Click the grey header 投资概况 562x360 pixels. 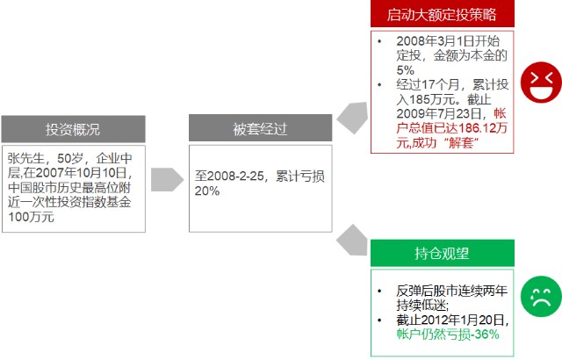(x=74, y=129)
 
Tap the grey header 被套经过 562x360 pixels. (x=261, y=128)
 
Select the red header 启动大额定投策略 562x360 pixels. (x=443, y=14)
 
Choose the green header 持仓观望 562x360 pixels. (x=443, y=253)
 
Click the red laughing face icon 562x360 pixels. (x=541, y=83)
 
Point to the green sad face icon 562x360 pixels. (x=541, y=296)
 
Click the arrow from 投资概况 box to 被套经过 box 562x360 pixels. (x=167, y=179)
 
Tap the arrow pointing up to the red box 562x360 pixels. (x=353, y=118)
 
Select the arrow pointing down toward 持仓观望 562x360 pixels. (x=352, y=241)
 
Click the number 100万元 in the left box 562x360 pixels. (x=32, y=217)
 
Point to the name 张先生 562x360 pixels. (x=25, y=158)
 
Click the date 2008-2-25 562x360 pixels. (x=235, y=176)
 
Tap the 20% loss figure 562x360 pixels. (x=207, y=191)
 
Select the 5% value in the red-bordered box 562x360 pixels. (x=406, y=70)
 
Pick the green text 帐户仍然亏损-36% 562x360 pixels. (x=448, y=335)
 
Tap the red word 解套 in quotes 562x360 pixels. (x=461, y=143)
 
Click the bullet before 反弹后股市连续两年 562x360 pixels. (x=379, y=291)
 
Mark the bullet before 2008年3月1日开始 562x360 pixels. (x=379, y=41)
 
